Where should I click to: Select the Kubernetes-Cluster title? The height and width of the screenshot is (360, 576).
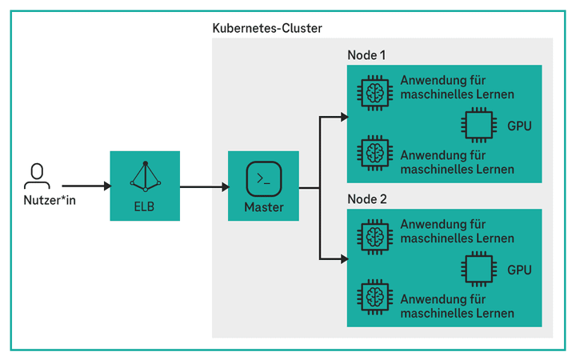point(267,29)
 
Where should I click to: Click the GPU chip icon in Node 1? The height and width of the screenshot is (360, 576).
point(478,126)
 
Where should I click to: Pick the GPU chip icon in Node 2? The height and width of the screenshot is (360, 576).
point(478,270)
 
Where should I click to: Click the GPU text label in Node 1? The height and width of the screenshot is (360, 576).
point(519,126)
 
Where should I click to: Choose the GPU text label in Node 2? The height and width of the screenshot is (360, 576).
point(519,270)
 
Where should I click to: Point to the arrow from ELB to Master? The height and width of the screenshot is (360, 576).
point(204,188)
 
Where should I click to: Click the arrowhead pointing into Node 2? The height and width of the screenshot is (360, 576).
point(343,258)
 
